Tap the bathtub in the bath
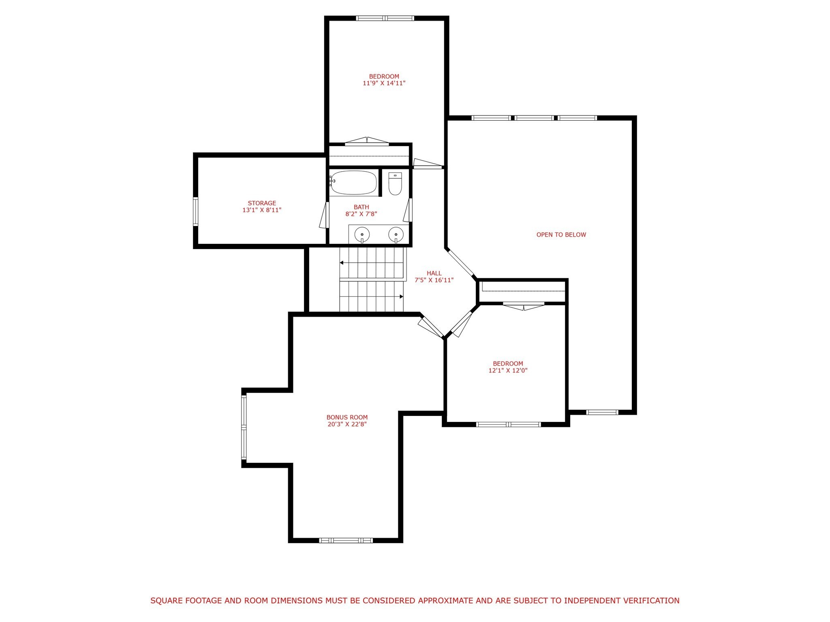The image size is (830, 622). click(353, 183)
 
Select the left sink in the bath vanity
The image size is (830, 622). click(362, 234)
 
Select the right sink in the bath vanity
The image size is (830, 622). click(396, 234)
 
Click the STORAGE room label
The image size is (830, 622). click(262, 203)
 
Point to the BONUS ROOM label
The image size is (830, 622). click(347, 418)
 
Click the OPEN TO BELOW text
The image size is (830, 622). click(561, 235)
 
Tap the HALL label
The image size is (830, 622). click(434, 273)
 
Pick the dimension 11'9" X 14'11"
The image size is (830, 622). click(384, 83)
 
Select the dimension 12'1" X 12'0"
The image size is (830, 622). click(508, 371)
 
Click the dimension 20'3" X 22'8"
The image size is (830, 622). click(347, 424)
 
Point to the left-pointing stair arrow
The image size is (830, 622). click(342, 263)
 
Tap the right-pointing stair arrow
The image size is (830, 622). click(401, 297)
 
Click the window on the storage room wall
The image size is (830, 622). click(195, 211)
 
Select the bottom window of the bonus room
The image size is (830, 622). click(346, 540)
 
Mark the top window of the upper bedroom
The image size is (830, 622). click(385, 18)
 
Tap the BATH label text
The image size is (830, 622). click(361, 207)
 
